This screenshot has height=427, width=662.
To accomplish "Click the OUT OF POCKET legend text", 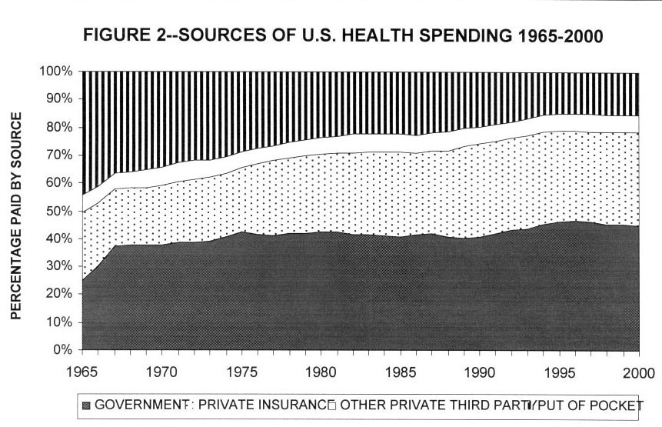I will coord(591,405).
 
